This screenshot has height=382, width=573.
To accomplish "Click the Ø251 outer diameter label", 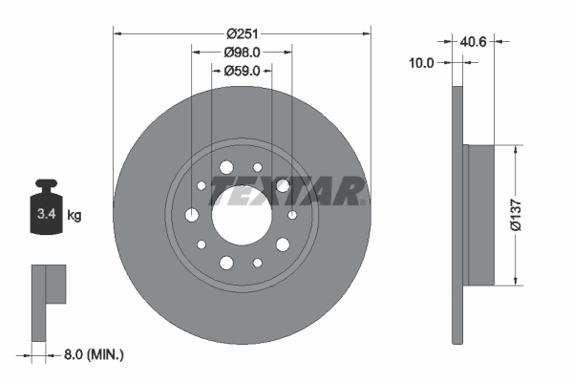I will click(x=242, y=32).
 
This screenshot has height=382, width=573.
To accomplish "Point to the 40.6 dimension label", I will click(x=476, y=42).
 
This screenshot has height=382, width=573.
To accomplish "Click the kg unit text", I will click(x=74, y=216).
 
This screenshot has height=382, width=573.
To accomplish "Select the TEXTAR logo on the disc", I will click(x=286, y=194).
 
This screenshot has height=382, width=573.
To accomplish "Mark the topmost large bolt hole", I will click(x=226, y=169).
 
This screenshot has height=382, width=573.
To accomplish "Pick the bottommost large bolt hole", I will click(x=226, y=262).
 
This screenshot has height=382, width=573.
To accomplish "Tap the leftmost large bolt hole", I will click(x=191, y=215).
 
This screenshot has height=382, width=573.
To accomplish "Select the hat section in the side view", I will click(x=480, y=215).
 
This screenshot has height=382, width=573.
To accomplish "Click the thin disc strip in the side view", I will click(x=457, y=215).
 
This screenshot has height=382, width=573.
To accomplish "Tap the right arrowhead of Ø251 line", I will click(x=365, y=32).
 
